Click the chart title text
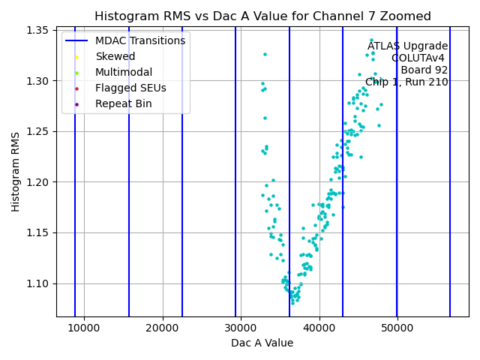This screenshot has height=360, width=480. [x=262, y=16]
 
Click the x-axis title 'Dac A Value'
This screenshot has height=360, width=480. [x=262, y=343]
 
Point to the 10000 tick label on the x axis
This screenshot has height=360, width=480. [x=84, y=328]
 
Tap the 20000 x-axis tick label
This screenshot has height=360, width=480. [x=163, y=328]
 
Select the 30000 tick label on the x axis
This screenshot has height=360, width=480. [x=241, y=328]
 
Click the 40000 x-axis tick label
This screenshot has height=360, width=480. [x=319, y=328]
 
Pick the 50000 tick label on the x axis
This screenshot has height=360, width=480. [x=397, y=328]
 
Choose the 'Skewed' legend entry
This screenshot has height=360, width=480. [x=115, y=57]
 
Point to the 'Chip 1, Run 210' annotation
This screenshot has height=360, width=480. [x=406, y=82]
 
